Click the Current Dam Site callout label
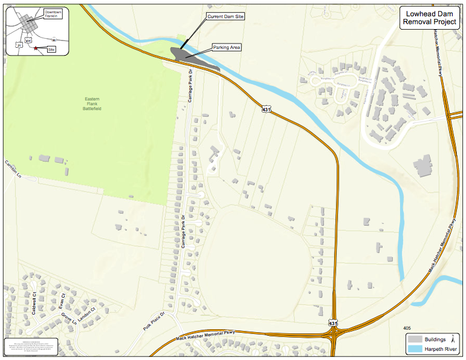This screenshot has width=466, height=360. click(x=225, y=17)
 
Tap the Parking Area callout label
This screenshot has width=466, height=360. click(x=226, y=47)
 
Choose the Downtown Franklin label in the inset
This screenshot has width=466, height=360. click(x=53, y=15)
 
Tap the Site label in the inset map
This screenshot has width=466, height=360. click(x=51, y=49)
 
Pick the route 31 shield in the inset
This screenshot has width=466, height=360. click(x=19, y=45)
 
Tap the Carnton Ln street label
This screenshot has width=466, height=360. click(x=13, y=169)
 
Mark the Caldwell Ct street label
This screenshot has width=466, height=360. click(x=34, y=303)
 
